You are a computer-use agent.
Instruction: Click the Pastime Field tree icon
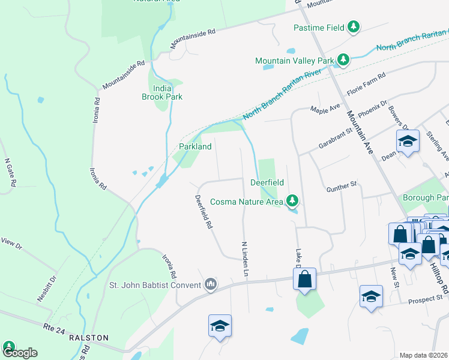point(354,27)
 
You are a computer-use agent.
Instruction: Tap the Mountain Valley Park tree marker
point(343,60)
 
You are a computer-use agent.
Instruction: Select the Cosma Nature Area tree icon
point(292,200)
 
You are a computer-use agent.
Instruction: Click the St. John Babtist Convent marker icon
point(210,284)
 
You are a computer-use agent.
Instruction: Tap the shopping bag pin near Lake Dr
point(304,278)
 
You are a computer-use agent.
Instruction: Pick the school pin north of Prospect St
point(371,296)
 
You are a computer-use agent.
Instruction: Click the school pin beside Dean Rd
point(408,142)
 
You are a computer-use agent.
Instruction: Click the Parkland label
point(195,146)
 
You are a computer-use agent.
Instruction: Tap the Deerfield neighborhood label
point(267,182)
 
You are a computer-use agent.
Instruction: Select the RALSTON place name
point(89,338)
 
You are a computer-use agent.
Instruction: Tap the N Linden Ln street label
point(244,259)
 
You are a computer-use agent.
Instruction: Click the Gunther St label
point(342,190)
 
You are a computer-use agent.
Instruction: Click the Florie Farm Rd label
point(365,80)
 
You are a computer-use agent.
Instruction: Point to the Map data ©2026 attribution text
point(423,355)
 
